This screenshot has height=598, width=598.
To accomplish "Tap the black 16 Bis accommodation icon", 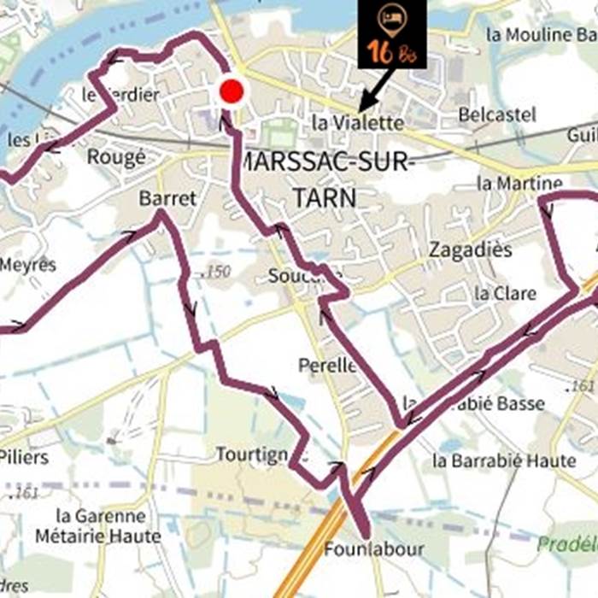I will point(391,34).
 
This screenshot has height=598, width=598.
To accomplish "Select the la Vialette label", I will point(357,123).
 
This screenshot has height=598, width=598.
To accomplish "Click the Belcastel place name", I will point(497,114).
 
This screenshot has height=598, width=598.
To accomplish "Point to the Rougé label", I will point(116,157).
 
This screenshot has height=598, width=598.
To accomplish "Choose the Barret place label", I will point(167,198).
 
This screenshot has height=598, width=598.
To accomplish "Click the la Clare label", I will point(505,293).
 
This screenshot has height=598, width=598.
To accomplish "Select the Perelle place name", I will point(327,366).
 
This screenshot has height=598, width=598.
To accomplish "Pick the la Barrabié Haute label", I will point(504,460).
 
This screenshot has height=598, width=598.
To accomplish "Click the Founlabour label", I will point(373,549).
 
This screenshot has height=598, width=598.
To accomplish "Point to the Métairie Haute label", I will point(98,536).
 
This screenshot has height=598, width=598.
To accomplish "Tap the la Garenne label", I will point(100,516).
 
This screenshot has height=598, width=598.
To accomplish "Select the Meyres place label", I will point(27,265).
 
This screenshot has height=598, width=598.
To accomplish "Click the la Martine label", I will point(519,183).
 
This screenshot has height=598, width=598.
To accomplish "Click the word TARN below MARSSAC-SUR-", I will point(324,198).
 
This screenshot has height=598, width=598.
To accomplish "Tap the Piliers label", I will point(24,457).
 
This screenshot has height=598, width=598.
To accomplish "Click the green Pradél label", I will point(566,543).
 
